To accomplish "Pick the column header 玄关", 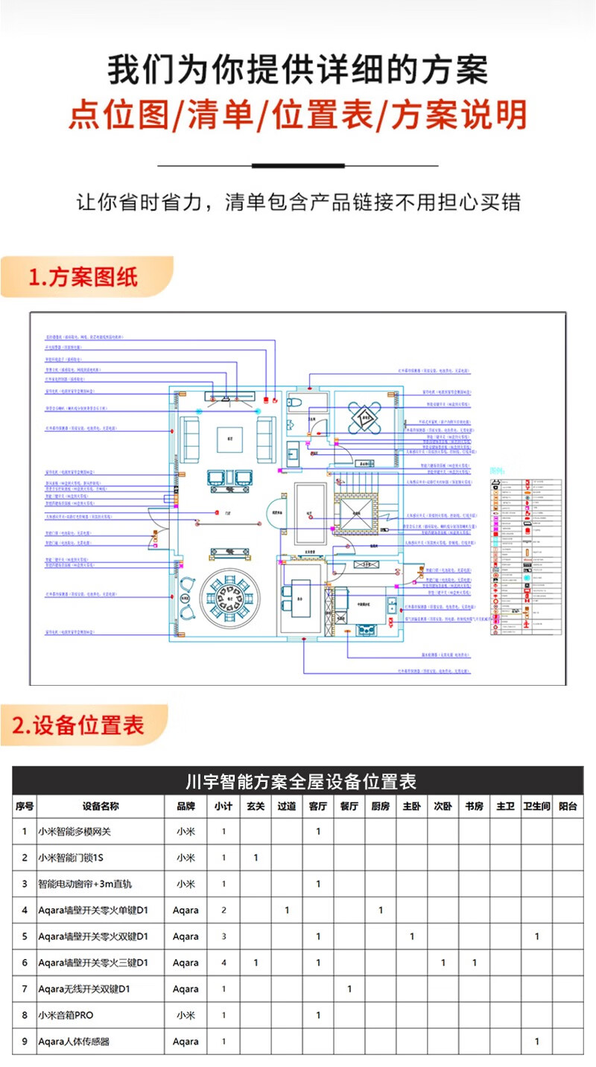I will (256, 806).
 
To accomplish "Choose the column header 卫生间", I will (536, 806).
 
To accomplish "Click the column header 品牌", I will (186, 806).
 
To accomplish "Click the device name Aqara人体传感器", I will (74, 1042).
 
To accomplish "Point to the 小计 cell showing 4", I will (223, 963).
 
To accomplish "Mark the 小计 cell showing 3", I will (223, 937).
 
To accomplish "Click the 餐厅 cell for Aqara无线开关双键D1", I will (349, 989).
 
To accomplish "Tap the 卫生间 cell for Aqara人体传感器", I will (536, 1042).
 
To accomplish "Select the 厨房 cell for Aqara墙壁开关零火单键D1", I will (381, 910).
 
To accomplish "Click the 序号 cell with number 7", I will (25, 989).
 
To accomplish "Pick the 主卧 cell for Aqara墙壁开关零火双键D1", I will (412, 937).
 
